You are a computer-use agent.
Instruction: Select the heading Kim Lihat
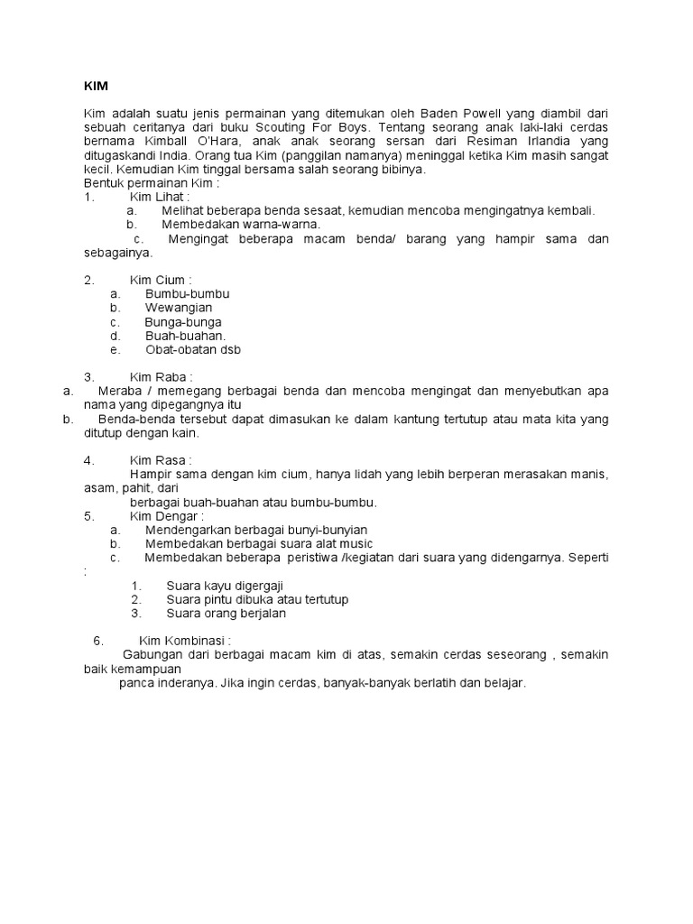pyautogui.click(x=160, y=197)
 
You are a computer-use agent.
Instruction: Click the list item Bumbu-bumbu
pyautogui.click(x=187, y=294)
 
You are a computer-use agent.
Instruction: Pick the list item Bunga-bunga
pyautogui.click(x=183, y=322)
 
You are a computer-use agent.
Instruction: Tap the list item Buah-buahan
pyautogui.click(x=185, y=336)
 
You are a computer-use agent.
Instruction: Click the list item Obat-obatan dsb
pyautogui.click(x=193, y=350)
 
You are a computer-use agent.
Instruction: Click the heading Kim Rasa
pyautogui.click(x=161, y=460)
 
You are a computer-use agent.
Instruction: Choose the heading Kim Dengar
pyautogui.click(x=167, y=516)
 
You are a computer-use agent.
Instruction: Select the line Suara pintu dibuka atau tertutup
pyautogui.click(x=257, y=599)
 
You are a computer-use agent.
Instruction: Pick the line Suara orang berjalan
pyautogui.click(x=226, y=614)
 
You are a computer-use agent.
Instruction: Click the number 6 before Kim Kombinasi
pyautogui.click(x=97, y=641)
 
